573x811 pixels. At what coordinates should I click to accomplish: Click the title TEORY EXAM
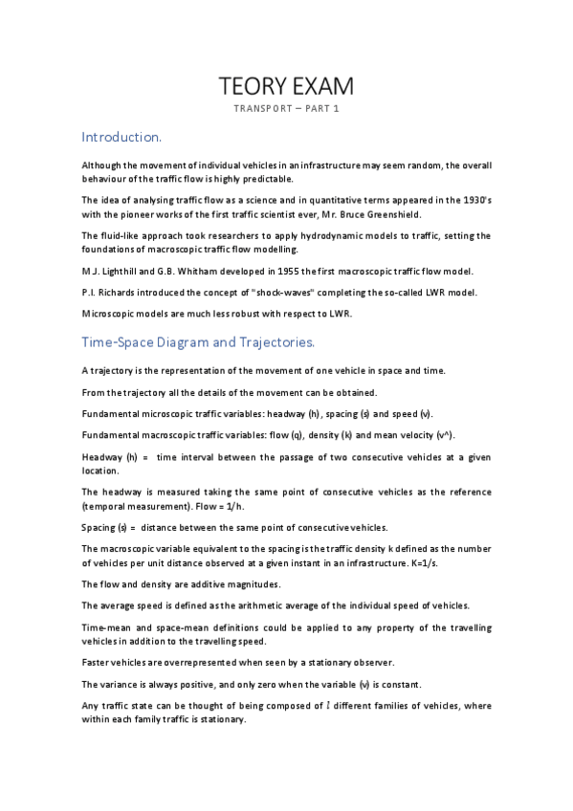click(286, 87)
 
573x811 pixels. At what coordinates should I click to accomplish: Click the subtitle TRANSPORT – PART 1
click(286, 109)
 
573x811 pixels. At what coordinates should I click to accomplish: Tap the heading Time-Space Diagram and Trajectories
click(211, 340)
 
